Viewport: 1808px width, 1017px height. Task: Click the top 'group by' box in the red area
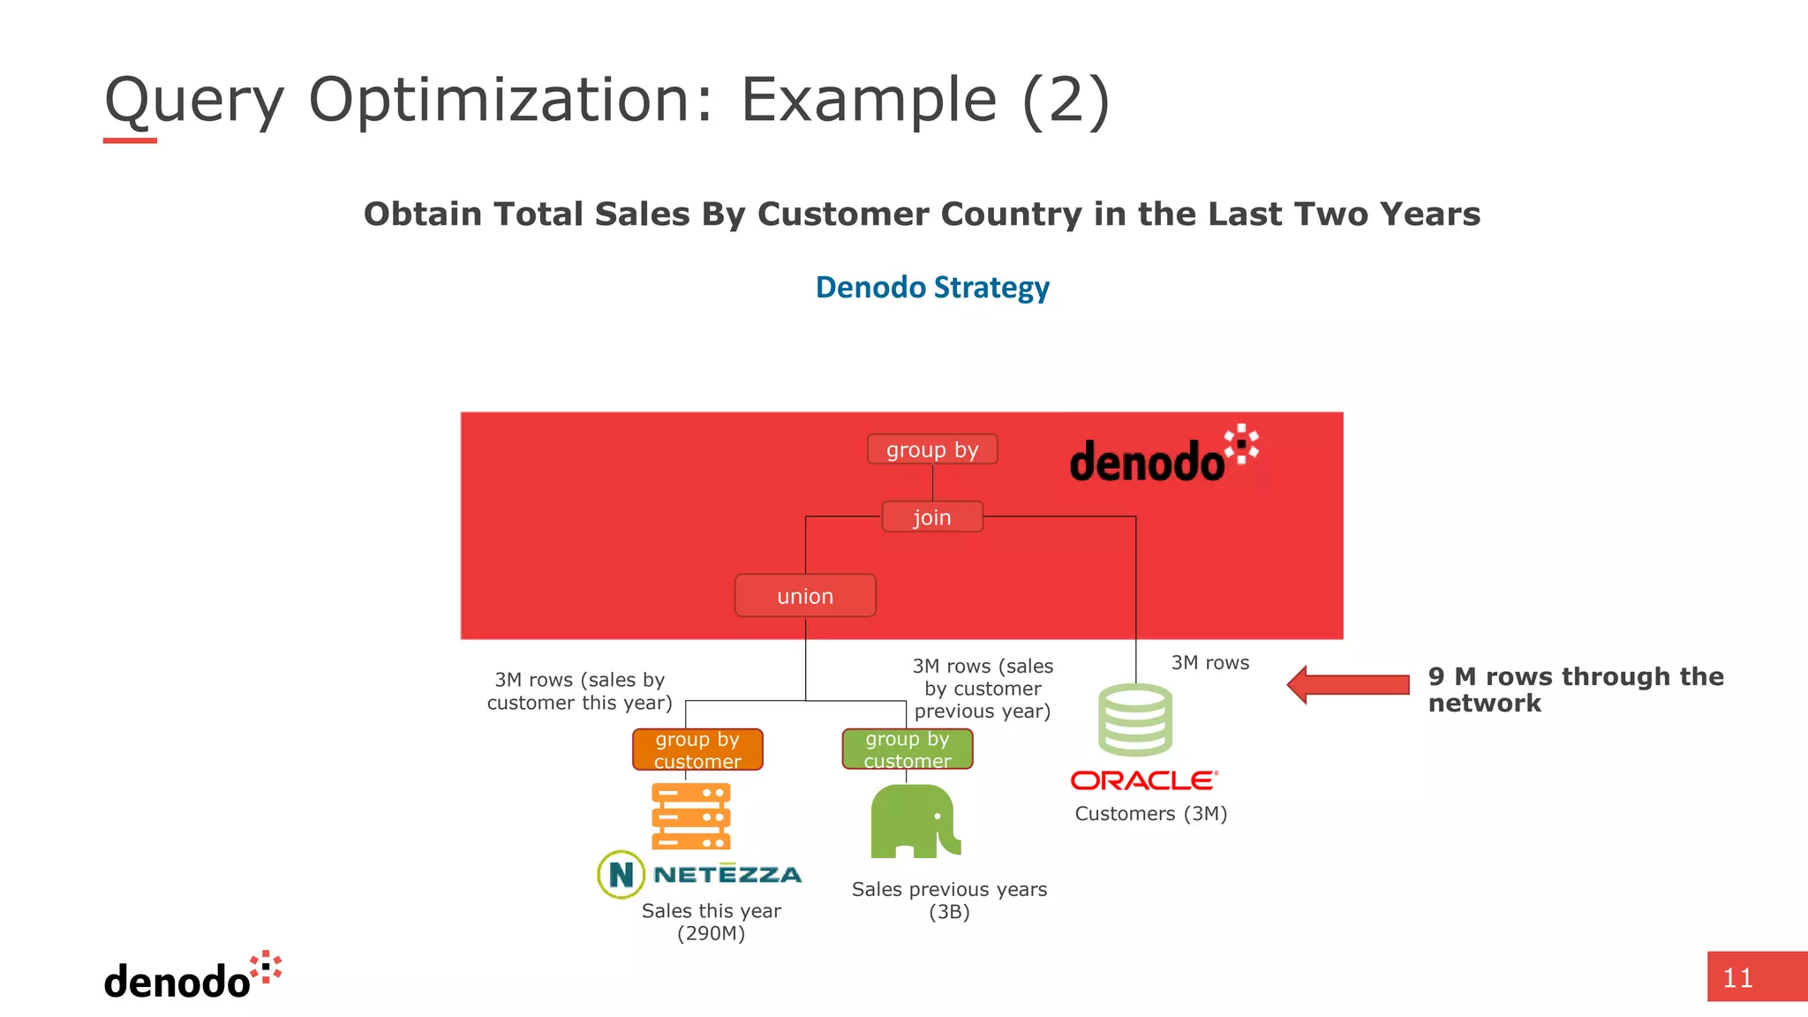(x=932, y=449)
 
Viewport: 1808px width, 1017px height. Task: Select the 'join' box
(x=932, y=516)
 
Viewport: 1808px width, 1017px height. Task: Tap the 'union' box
(x=805, y=596)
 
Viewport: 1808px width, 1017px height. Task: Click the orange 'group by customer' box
(x=697, y=750)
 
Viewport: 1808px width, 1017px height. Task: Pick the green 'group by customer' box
(x=908, y=749)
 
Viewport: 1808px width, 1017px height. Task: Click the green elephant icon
(x=915, y=821)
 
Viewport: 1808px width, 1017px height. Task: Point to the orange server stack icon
(x=691, y=816)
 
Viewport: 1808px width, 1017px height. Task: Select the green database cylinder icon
(x=1135, y=719)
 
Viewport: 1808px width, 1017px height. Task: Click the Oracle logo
(x=1144, y=780)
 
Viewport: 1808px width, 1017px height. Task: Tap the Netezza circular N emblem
(x=621, y=874)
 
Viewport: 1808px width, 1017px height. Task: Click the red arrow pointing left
(x=1347, y=685)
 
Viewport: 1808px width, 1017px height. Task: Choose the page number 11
(x=1737, y=978)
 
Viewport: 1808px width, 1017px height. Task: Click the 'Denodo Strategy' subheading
(x=932, y=288)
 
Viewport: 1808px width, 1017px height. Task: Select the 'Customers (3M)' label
(x=1151, y=814)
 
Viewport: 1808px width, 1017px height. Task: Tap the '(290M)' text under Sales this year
(x=711, y=933)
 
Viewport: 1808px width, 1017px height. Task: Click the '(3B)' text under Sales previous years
(x=949, y=912)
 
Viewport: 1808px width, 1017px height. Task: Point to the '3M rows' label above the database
(x=1209, y=663)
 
